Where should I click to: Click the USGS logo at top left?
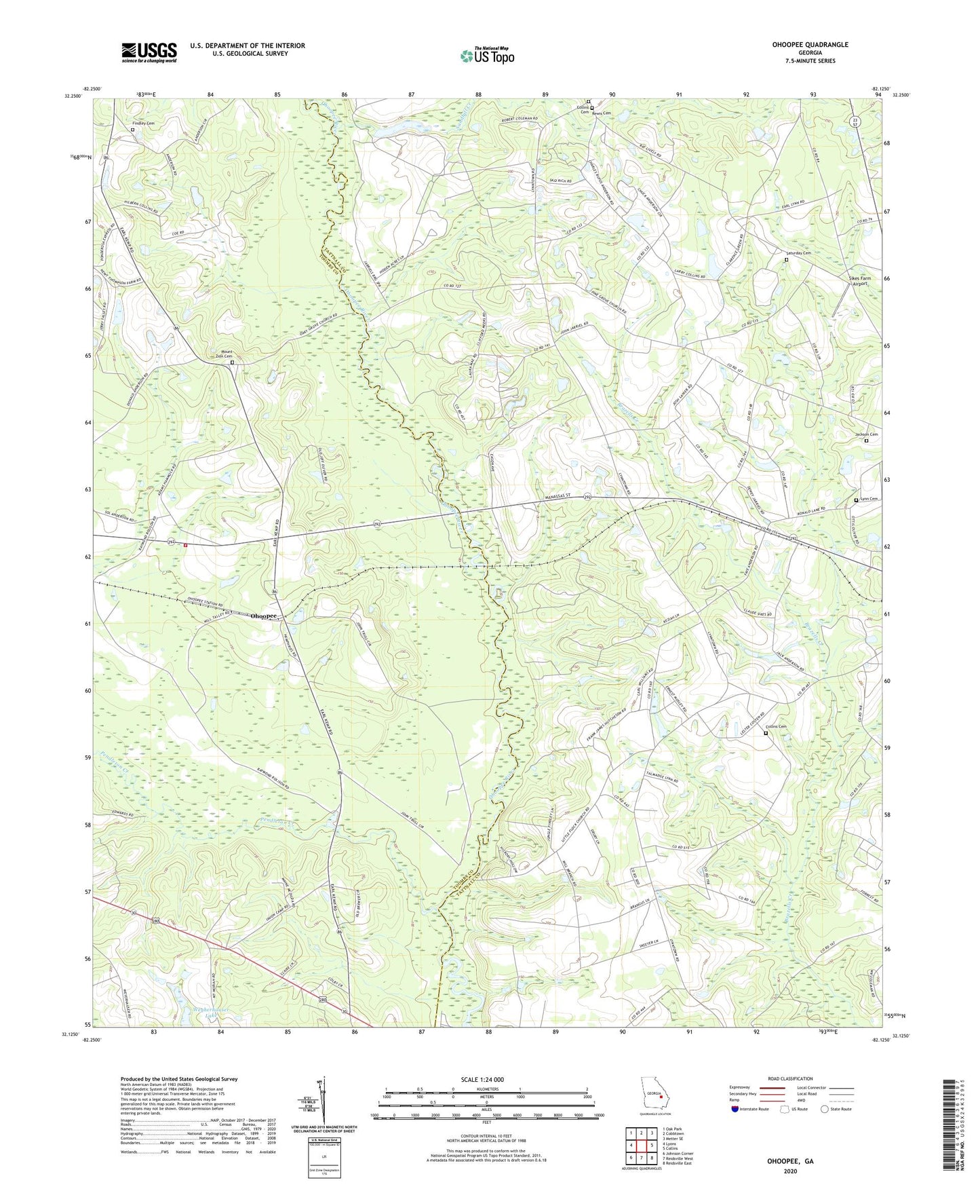coord(149,52)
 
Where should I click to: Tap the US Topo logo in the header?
coord(486,56)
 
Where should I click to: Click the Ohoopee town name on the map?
coord(264,616)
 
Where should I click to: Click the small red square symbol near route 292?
coord(184,545)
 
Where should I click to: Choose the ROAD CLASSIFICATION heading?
coord(789,1078)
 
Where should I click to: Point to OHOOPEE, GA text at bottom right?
coord(790,1161)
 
